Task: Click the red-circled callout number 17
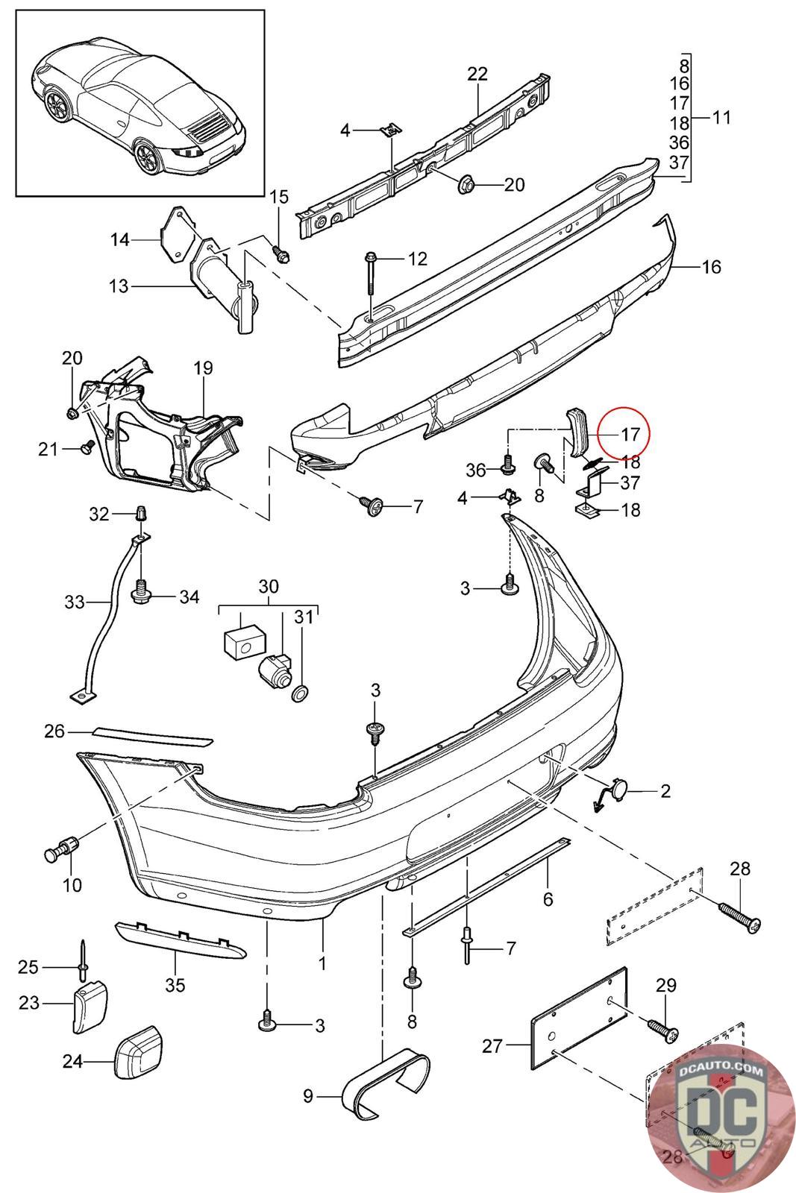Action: coord(630,435)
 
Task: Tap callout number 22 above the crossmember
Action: coord(477,74)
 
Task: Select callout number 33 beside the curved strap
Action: coord(75,602)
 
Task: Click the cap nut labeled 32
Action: coord(141,514)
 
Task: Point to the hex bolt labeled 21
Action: coord(87,447)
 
